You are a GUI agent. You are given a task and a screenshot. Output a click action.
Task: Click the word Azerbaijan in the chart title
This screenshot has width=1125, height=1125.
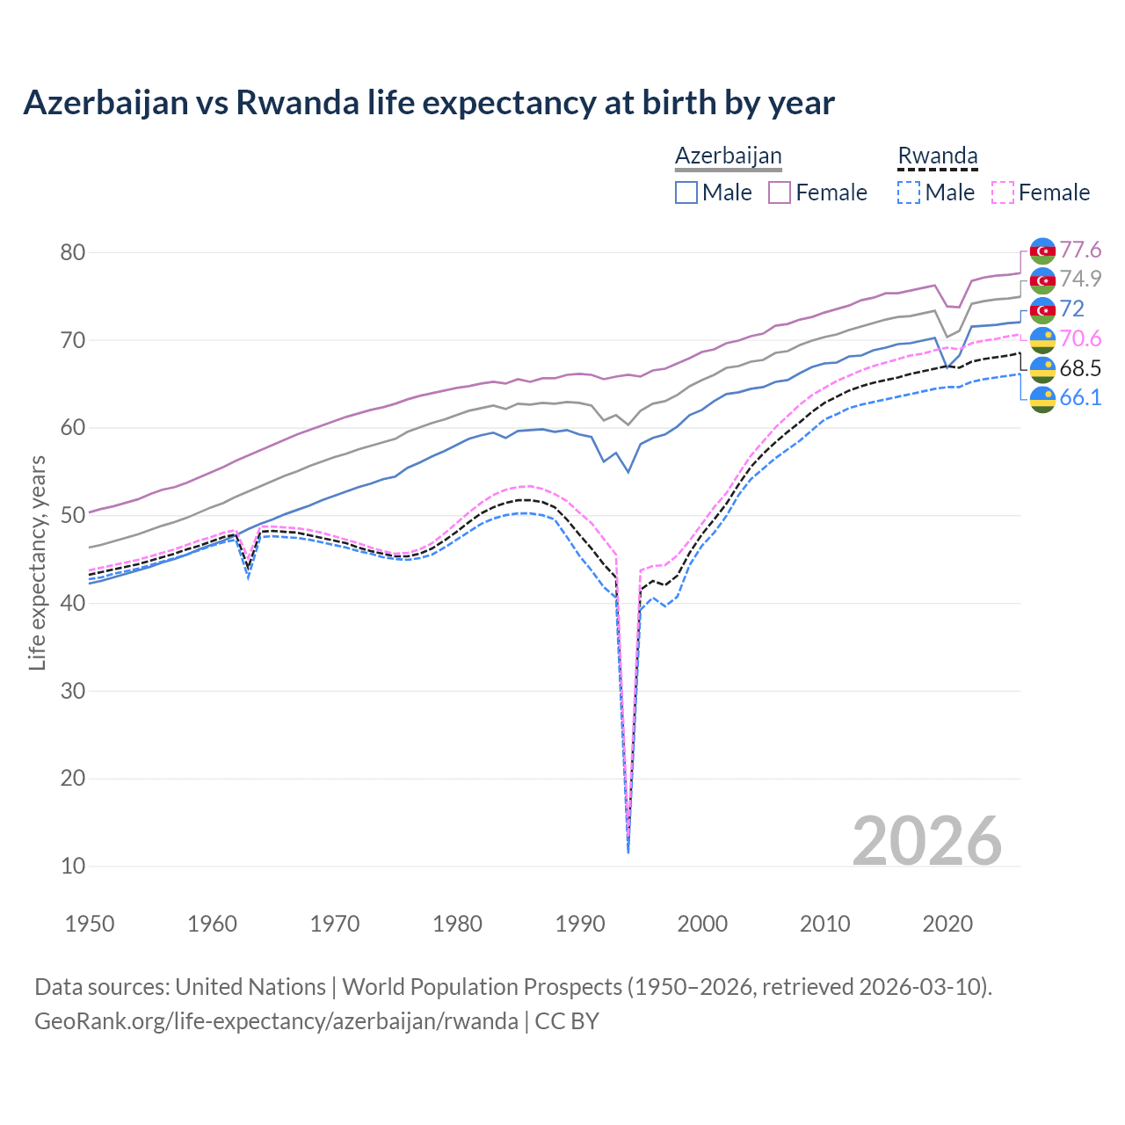point(105,103)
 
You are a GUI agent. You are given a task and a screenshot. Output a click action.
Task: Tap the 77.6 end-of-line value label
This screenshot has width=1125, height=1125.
point(1080,250)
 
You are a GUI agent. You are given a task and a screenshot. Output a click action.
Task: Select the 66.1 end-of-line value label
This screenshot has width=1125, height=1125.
point(1080,397)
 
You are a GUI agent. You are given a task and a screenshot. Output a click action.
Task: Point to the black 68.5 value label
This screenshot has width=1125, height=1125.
point(1080,368)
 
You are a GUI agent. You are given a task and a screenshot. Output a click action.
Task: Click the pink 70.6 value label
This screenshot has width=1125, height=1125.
point(1080,339)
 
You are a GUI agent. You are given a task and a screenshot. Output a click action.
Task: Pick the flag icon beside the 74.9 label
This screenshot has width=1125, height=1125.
point(1042,280)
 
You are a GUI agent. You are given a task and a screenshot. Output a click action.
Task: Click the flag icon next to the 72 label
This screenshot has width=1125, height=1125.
point(1042,309)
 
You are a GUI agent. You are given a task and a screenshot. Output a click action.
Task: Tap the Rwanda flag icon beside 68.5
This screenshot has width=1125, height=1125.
point(1042,369)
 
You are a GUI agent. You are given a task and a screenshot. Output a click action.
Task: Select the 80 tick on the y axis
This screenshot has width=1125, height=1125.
point(73,253)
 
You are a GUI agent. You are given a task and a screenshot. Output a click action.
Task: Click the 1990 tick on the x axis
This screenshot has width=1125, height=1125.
point(580,924)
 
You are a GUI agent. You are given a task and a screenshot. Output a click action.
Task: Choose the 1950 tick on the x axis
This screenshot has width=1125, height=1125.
point(91,924)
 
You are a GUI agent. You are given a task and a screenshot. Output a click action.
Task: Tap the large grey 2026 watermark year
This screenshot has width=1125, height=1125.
point(926,841)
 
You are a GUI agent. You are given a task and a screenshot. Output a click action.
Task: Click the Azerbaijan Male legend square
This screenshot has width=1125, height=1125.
point(686,192)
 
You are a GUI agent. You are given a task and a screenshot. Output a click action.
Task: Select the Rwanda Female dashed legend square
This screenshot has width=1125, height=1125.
point(1003,192)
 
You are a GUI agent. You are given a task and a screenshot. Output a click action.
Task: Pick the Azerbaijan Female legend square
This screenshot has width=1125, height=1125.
point(780,192)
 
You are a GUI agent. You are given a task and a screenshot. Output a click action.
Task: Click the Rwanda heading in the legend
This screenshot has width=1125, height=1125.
point(937,156)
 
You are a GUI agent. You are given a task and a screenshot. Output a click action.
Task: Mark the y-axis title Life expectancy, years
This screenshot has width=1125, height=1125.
point(37,562)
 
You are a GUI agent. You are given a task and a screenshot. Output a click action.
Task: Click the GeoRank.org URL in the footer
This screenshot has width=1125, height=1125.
point(276,1021)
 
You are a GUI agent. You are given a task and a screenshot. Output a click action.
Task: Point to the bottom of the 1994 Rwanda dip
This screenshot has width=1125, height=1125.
point(628,851)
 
